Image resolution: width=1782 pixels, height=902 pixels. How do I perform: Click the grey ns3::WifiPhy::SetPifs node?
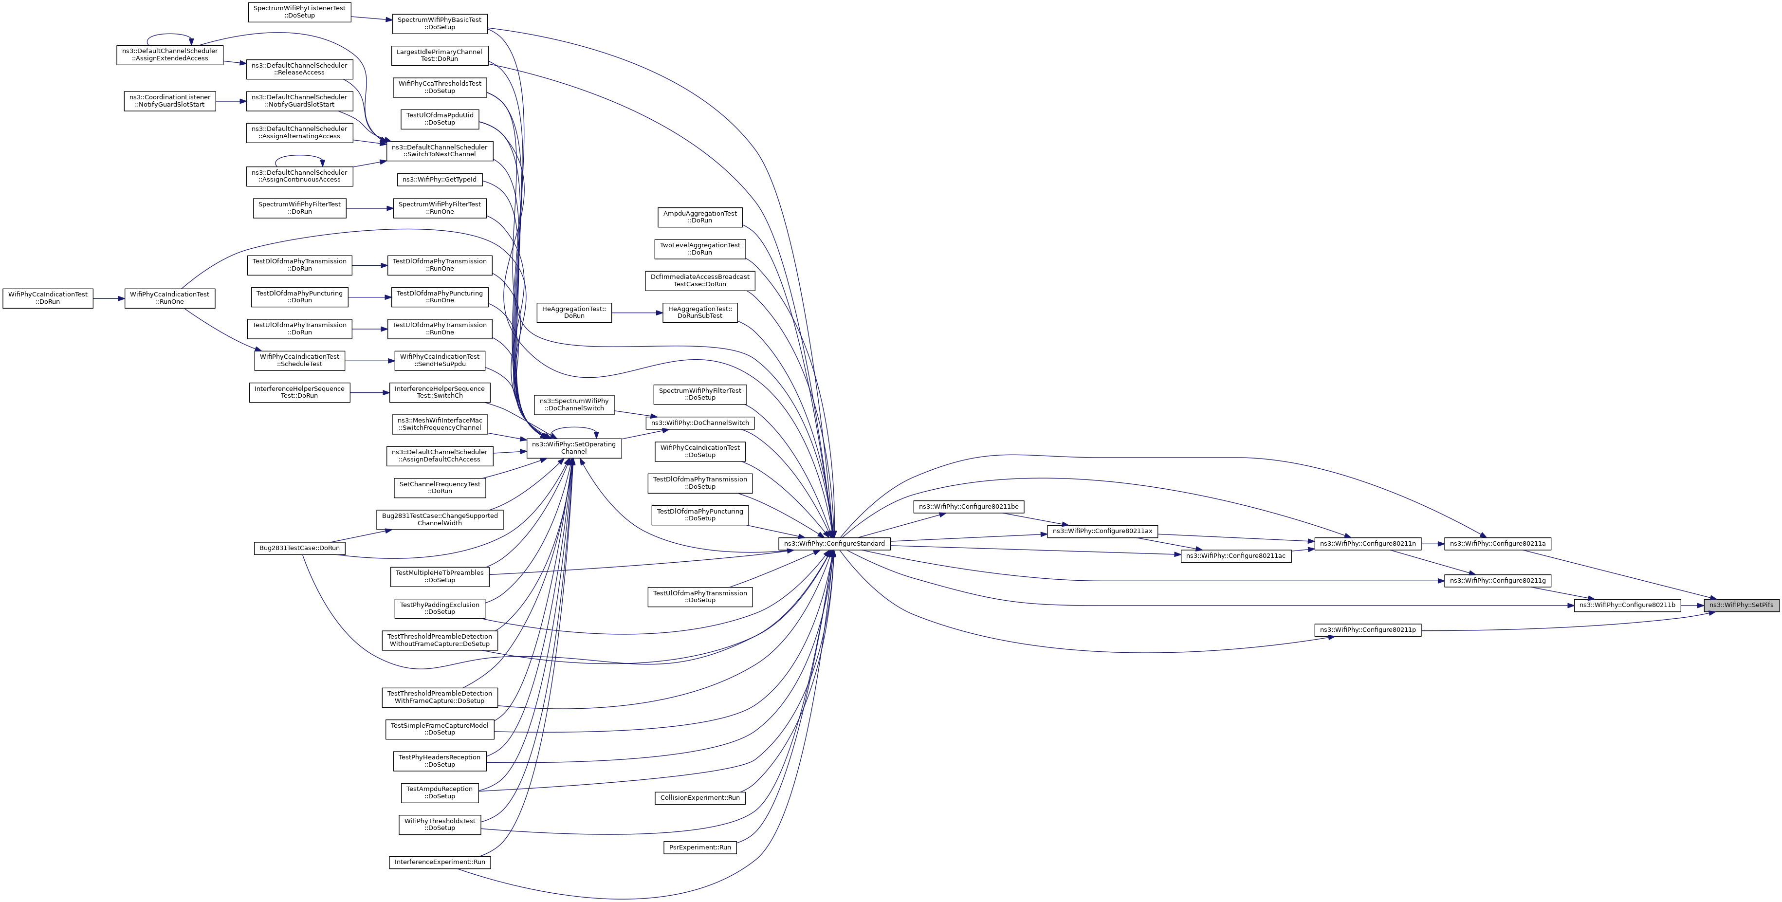[x=1741, y=605]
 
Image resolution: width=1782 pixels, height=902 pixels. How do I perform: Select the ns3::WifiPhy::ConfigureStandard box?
[x=834, y=544]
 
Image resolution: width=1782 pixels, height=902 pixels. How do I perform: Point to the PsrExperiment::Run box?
[x=699, y=847]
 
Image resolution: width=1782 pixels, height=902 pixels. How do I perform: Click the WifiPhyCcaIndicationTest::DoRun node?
[x=48, y=298]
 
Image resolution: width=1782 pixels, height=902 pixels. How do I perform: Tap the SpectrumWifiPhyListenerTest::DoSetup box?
[x=299, y=12]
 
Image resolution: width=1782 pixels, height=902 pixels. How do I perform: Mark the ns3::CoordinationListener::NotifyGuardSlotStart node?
[x=169, y=101]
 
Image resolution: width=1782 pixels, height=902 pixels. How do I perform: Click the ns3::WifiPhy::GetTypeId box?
[x=439, y=180]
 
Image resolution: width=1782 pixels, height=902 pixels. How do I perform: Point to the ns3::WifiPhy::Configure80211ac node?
[x=1235, y=556]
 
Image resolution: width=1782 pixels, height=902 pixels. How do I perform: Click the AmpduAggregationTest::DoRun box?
[x=699, y=217]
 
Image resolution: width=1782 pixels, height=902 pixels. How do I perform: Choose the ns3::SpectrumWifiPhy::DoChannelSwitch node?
[x=573, y=405]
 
